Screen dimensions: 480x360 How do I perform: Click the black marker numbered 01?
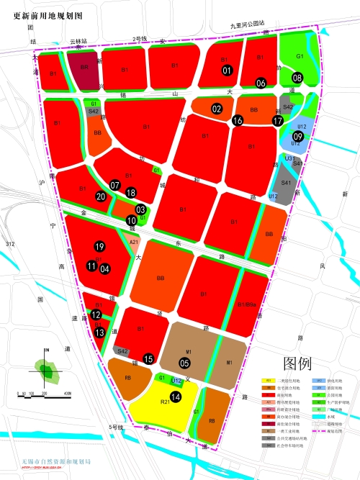coord(227,70)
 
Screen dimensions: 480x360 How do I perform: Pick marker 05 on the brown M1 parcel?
coord(184,363)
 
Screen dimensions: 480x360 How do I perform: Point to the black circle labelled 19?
coord(99,247)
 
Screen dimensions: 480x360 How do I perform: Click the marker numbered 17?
coord(278,121)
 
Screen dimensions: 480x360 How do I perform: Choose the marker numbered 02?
coord(217,109)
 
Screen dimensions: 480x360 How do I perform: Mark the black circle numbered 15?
coord(148,358)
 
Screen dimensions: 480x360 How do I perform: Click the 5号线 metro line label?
coord(118,427)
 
